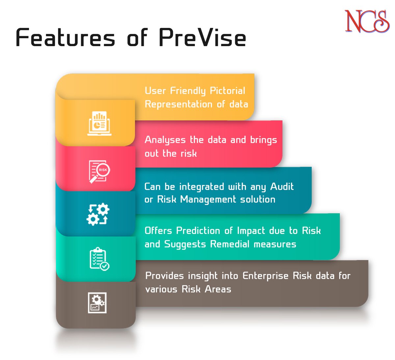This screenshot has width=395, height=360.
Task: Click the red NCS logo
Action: (367, 21)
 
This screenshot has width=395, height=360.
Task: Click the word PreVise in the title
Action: (202, 38)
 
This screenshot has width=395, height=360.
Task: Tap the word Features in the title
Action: (66, 38)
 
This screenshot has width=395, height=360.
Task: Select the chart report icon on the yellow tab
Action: (99, 124)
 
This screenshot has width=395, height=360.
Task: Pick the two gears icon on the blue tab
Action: (98, 214)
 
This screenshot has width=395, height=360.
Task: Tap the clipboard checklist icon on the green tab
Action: (99, 259)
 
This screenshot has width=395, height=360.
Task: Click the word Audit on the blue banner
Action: (282, 187)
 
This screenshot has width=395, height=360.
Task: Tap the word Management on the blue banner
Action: (208, 200)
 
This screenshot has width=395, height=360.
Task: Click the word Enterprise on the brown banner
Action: (265, 276)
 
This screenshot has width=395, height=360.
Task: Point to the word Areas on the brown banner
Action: (218, 289)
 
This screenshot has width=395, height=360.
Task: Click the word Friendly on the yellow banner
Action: (188, 91)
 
